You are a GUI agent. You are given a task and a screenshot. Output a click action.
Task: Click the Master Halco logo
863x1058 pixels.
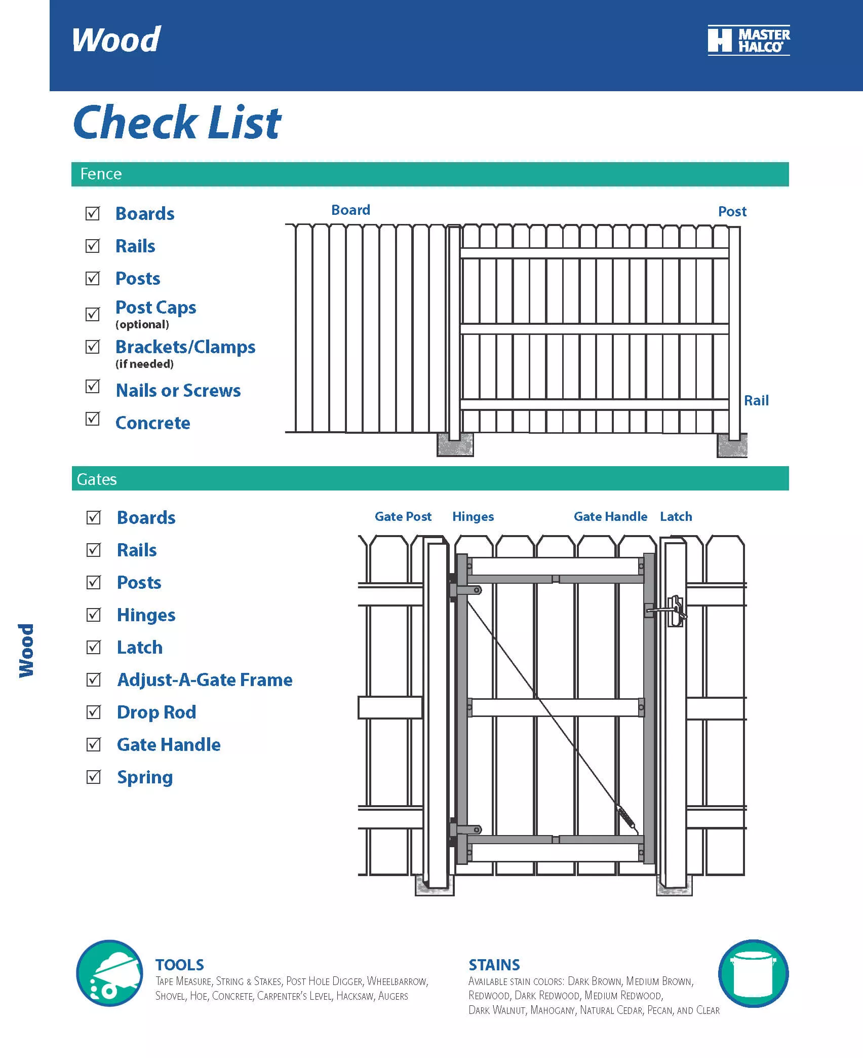(x=749, y=41)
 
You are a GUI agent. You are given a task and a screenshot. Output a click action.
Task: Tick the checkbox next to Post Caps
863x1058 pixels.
(x=93, y=314)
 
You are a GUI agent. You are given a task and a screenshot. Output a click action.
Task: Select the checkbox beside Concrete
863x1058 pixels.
(x=93, y=419)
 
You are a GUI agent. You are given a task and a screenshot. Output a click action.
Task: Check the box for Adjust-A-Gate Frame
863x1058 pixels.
(x=94, y=679)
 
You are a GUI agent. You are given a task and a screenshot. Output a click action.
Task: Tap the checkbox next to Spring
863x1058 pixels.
(x=94, y=777)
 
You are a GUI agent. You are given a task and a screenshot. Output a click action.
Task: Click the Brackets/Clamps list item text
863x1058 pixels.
(x=185, y=347)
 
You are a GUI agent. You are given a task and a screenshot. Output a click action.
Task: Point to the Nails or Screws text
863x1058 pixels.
(x=178, y=391)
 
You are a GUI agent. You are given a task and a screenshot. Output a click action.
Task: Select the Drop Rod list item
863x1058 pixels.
(x=156, y=712)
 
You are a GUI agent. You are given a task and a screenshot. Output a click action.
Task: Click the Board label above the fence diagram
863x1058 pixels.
(x=350, y=210)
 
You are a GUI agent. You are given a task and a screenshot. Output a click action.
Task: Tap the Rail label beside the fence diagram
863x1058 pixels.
(x=756, y=401)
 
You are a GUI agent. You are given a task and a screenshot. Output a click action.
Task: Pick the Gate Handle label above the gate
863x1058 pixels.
(x=610, y=517)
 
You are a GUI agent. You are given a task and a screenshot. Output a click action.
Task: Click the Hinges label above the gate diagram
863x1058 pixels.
(x=473, y=517)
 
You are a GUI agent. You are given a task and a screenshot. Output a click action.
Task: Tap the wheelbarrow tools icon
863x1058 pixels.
(x=109, y=973)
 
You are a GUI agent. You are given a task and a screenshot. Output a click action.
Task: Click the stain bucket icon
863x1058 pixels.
(x=753, y=973)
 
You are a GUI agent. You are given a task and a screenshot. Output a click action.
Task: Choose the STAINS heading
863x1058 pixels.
(x=494, y=965)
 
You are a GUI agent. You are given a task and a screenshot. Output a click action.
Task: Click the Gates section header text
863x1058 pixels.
(x=97, y=479)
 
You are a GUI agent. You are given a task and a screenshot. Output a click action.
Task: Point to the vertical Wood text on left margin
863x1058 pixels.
(x=26, y=650)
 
